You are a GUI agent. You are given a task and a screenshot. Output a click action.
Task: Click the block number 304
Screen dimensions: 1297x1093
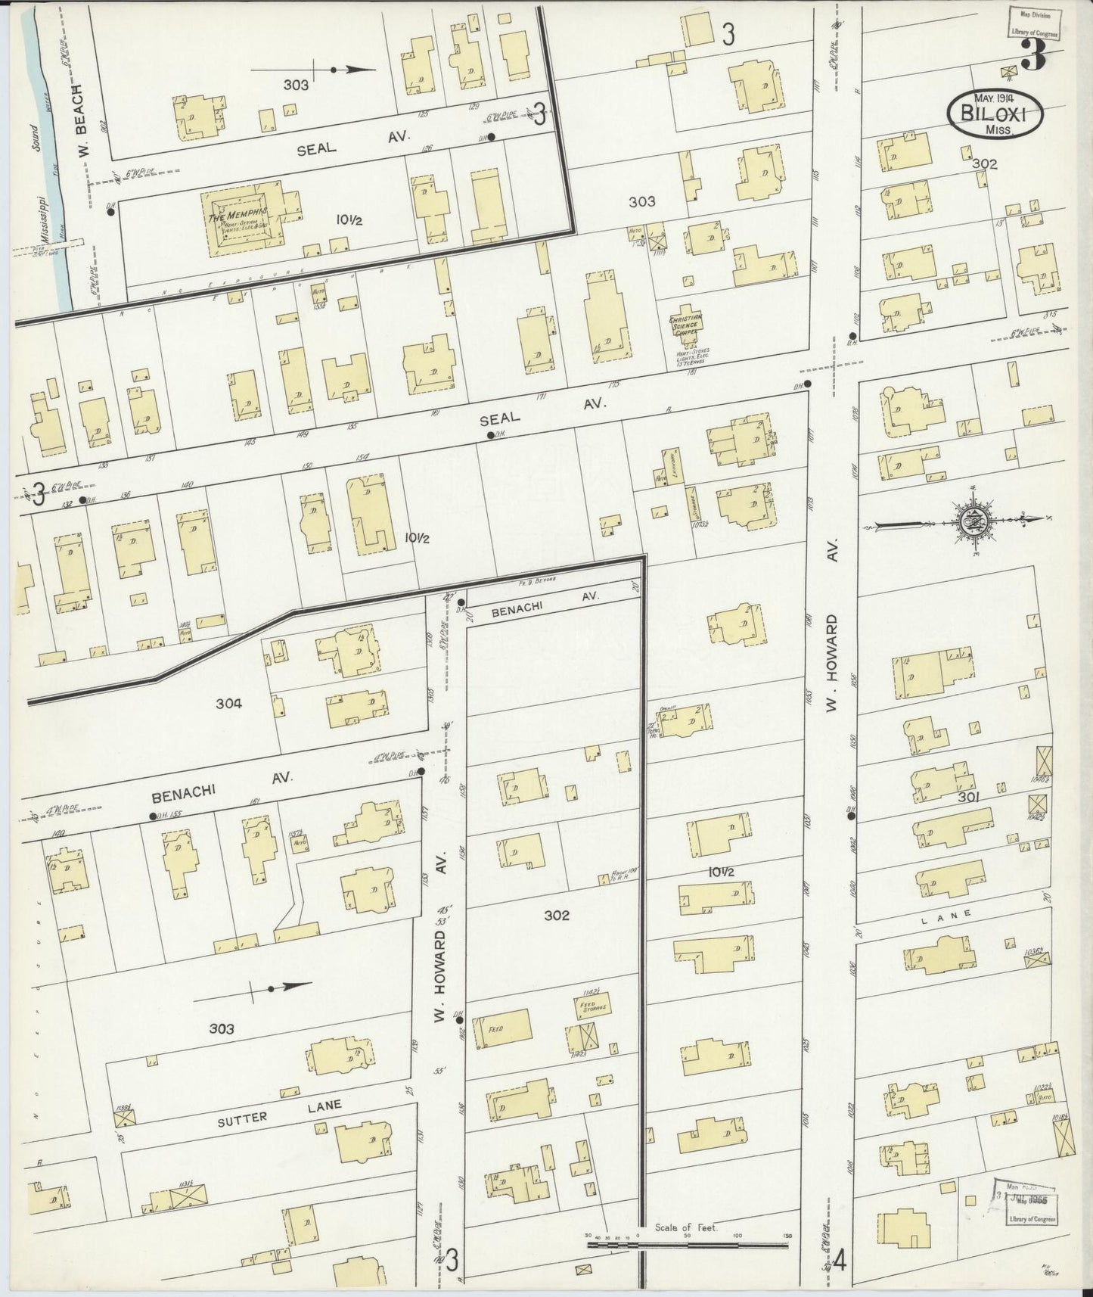click(228, 703)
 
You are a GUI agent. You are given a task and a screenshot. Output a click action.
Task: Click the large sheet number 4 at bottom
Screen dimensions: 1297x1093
click(840, 1262)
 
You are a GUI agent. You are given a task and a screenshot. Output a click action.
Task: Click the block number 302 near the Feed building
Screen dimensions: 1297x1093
click(556, 916)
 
